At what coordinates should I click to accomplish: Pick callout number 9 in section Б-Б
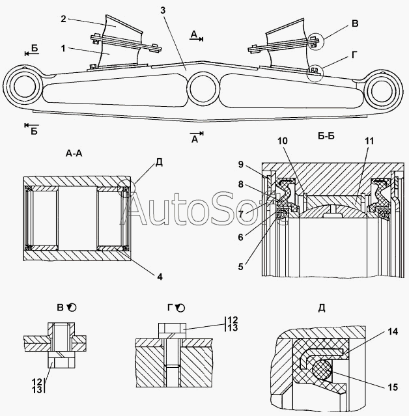pyautogui.click(x=240, y=163)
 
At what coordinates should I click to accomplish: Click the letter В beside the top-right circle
pyautogui.click(x=354, y=24)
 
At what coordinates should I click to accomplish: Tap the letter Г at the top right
pyautogui.click(x=354, y=55)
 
